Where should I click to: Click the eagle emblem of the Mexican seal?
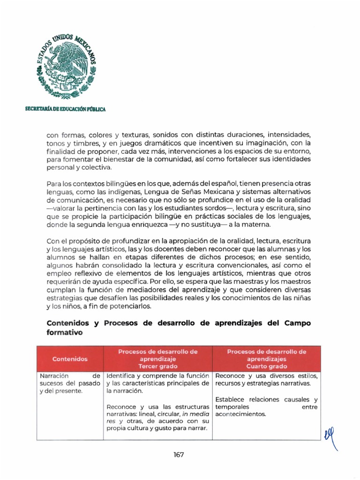(66, 68)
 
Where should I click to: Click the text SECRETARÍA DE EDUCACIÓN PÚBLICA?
(66, 109)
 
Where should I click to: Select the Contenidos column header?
(70, 359)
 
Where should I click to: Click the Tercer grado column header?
(157, 359)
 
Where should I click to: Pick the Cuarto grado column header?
(266, 359)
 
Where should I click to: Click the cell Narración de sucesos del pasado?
(70, 383)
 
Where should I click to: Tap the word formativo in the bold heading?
(64, 332)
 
